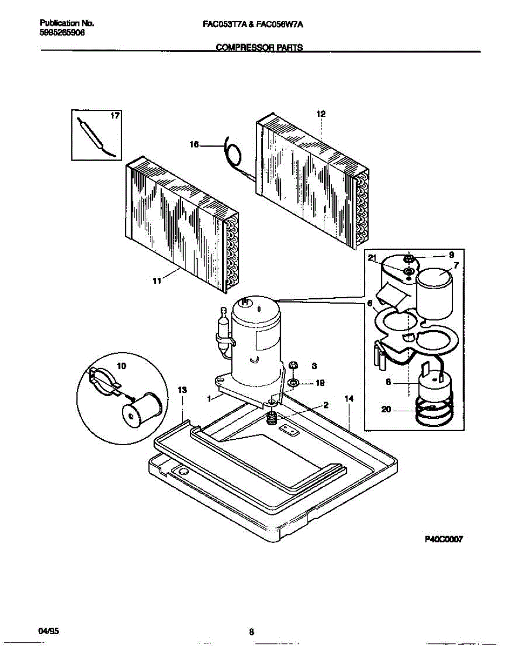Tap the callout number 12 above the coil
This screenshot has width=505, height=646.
click(321, 114)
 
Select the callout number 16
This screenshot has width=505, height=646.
click(195, 144)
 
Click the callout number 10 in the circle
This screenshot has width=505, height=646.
click(122, 366)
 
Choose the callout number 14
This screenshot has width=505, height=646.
click(349, 399)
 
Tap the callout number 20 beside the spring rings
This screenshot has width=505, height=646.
click(385, 409)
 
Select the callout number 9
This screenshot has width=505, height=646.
click(451, 255)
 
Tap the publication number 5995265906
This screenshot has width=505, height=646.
click(62, 32)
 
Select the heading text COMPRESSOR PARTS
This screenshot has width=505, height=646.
click(259, 47)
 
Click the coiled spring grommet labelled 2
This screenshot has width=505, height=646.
click(273, 417)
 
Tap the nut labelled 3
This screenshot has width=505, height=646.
click(294, 366)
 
